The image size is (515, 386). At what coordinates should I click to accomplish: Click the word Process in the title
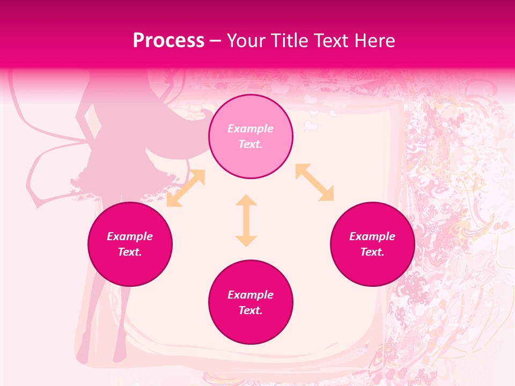coord(168,41)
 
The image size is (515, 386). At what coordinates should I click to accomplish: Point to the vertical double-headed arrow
coord(246,220)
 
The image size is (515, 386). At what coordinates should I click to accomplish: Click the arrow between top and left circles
coord(186,188)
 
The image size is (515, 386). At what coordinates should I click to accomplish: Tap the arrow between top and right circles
coord(314,182)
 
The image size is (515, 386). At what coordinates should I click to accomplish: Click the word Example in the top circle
coord(251,129)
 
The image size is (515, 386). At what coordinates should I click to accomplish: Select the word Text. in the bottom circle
coord(251,310)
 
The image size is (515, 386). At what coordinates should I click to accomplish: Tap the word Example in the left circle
coord(130,236)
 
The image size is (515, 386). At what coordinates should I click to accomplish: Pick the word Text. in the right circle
coord(372,252)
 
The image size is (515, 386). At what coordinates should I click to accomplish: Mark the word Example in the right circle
coord(372,236)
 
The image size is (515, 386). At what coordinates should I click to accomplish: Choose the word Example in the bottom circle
coord(251,295)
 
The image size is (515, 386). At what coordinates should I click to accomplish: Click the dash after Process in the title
coord(216,41)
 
